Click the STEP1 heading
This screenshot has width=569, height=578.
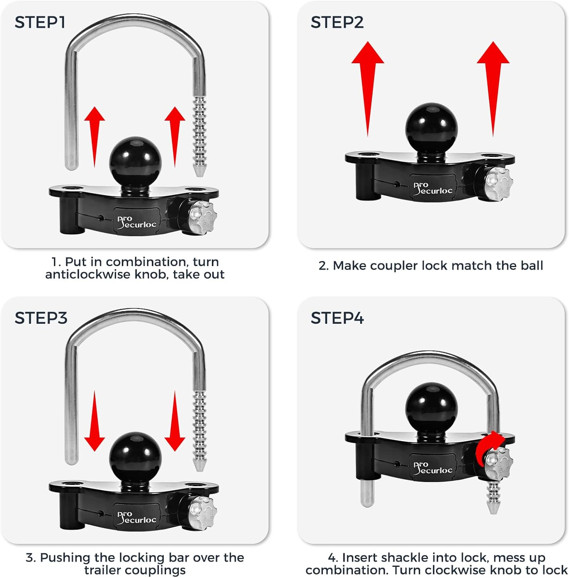tap(40, 22)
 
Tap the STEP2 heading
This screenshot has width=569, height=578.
tap(337, 22)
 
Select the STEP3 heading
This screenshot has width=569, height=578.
tap(41, 318)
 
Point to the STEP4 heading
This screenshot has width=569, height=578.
tap(337, 318)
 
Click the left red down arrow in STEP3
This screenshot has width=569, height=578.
tap(94, 422)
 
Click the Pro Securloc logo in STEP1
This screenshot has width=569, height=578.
tap(137, 222)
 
